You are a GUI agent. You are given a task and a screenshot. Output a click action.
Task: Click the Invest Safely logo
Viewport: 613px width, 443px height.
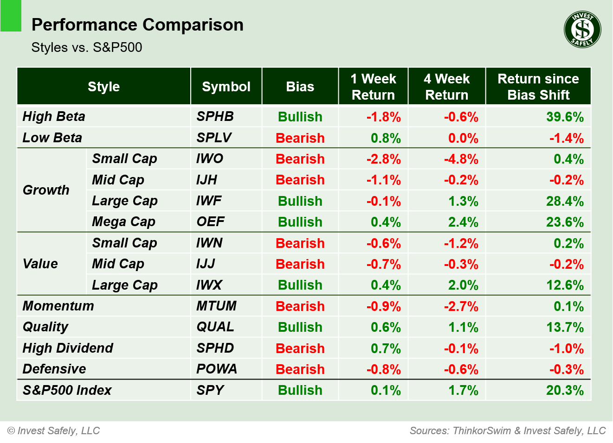click(582, 30)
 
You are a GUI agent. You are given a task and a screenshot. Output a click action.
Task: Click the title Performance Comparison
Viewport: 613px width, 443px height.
click(137, 25)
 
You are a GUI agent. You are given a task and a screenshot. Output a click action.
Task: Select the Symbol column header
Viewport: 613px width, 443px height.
click(226, 87)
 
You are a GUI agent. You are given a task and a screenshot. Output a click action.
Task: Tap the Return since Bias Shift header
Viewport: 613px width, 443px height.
click(538, 87)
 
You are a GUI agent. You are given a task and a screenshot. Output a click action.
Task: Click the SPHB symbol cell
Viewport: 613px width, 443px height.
click(215, 116)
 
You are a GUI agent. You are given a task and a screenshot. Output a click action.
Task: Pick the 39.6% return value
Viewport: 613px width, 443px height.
click(564, 117)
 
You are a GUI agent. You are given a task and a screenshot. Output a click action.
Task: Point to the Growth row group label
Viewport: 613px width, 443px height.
click(46, 190)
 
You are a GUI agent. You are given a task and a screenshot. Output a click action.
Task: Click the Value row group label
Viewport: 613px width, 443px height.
click(40, 264)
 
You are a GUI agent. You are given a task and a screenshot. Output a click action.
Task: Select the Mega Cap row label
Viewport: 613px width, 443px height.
click(123, 221)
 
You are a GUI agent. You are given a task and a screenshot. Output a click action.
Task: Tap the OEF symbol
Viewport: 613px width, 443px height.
click(210, 221)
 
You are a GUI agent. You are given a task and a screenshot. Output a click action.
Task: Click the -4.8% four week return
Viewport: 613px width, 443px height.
click(461, 159)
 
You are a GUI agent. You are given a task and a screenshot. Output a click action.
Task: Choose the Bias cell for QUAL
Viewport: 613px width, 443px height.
click(300, 327)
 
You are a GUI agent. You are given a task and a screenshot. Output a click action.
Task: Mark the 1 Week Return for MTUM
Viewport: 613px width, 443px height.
click(383, 306)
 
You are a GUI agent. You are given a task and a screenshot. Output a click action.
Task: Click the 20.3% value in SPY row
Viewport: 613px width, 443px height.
click(564, 390)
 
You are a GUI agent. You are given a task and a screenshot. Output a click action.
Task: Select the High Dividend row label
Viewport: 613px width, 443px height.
click(68, 348)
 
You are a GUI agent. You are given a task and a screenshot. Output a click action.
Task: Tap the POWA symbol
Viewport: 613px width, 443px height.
click(216, 369)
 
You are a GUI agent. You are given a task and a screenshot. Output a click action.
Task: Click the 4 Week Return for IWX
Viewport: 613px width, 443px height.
click(463, 285)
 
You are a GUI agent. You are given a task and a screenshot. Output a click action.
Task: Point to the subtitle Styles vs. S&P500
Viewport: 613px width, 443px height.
click(87, 47)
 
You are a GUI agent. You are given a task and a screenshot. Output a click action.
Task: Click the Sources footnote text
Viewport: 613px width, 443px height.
click(507, 430)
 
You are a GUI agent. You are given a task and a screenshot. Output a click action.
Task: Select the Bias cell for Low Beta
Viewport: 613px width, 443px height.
click(300, 138)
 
